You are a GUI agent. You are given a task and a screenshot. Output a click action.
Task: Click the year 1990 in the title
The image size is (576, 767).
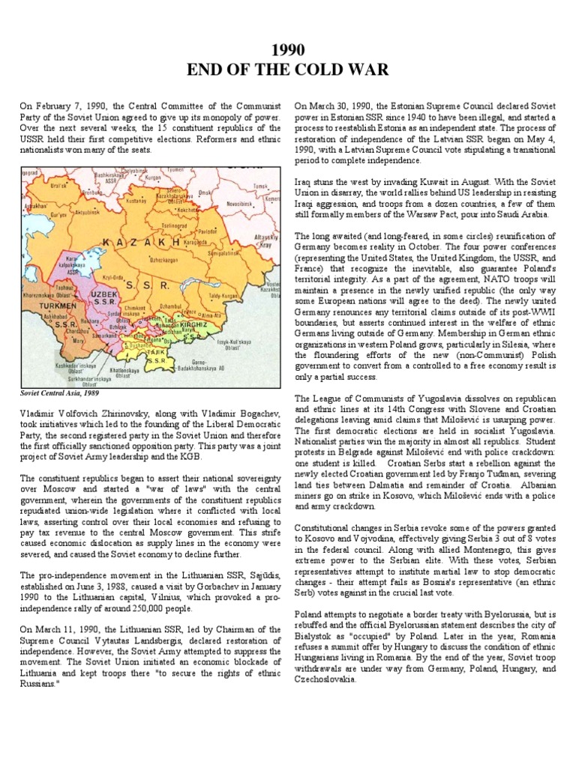[x=288, y=50]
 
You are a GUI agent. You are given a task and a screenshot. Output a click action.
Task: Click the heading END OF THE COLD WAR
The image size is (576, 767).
[x=288, y=70]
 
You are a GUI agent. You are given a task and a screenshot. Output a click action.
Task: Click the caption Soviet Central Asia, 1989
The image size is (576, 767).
[x=59, y=392]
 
